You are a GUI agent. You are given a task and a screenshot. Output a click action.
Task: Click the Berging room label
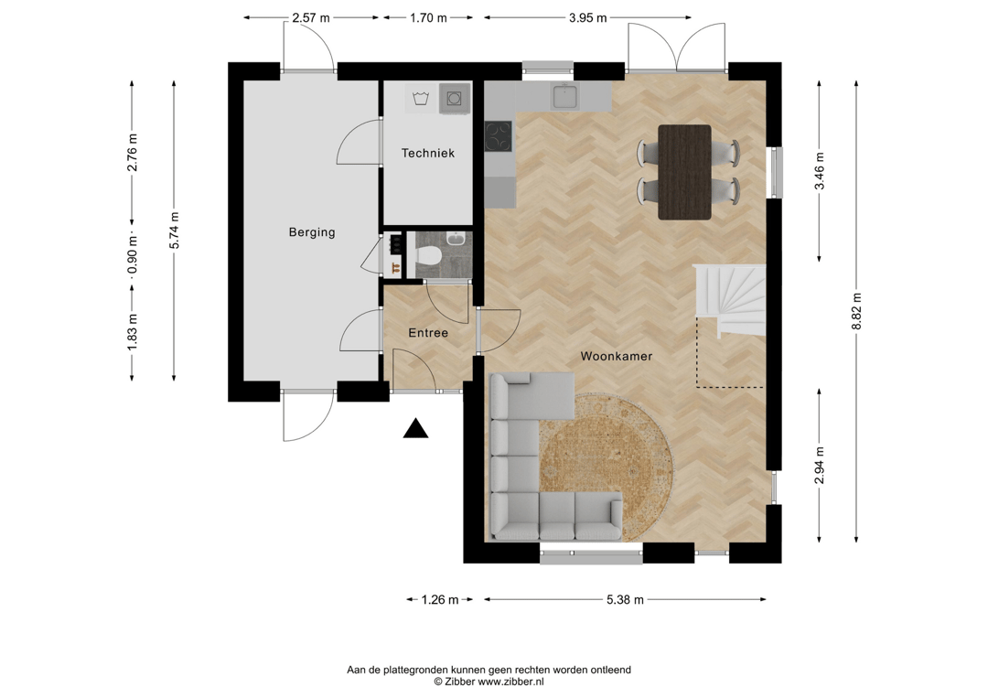[x=312, y=231]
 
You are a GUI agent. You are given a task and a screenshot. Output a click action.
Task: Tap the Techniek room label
[x=428, y=153]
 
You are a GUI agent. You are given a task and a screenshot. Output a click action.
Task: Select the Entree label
[x=428, y=333]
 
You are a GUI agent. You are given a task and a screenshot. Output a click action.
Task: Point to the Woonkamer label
[x=617, y=356]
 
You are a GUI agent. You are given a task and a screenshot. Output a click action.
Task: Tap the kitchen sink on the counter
[x=564, y=96]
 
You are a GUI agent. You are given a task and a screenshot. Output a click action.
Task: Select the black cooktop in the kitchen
[x=498, y=136]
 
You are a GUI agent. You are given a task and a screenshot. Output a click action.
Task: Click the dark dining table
[x=684, y=172]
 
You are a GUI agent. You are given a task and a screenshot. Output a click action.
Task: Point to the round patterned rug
[x=607, y=467]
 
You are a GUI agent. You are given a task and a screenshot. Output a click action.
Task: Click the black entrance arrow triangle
[x=416, y=428]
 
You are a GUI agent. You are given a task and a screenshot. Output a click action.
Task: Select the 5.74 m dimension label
[x=174, y=230]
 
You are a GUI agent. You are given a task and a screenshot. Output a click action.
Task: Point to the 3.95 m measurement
[x=588, y=17]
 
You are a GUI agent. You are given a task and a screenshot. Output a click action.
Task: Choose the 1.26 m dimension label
[x=440, y=600]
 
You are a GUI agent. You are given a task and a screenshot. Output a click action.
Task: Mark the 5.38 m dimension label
[x=625, y=600]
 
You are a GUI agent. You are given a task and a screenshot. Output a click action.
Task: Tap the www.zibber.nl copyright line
[x=489, y=682]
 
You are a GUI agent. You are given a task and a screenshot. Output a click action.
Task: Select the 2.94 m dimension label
[x=819, y=466]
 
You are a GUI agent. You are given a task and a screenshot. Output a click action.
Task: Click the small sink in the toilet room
[x=456, y=240]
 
